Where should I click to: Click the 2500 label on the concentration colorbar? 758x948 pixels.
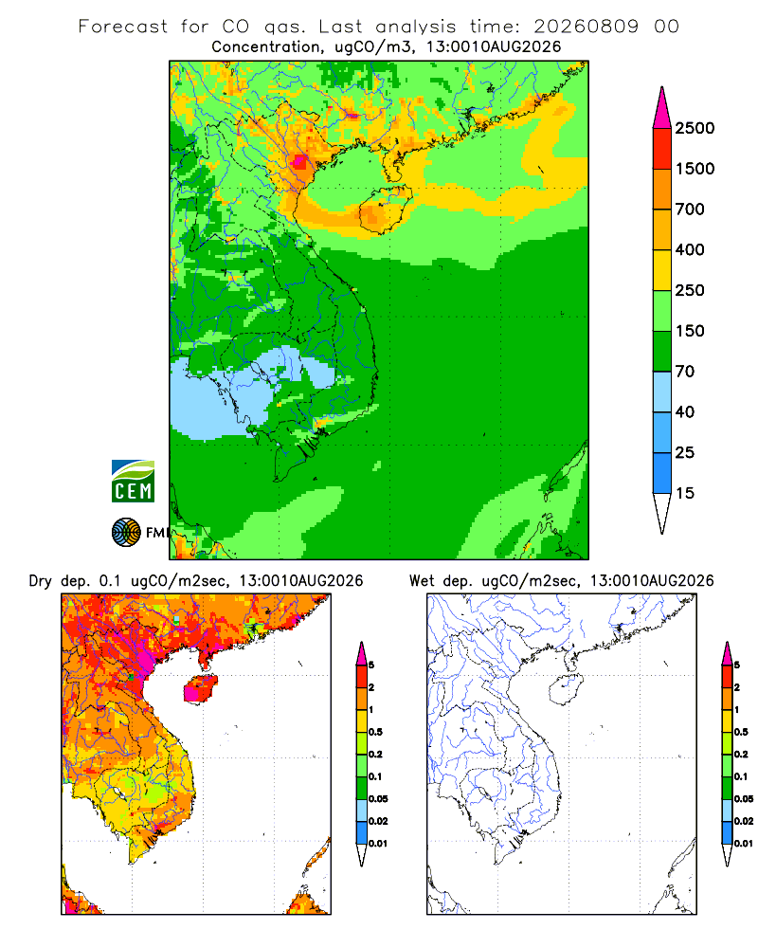tap(695, 128)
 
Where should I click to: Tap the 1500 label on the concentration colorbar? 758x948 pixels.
tap(695, 169)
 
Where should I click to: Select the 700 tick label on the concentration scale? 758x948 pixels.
tap(690, 210)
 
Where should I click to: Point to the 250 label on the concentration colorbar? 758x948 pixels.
tap(690, 290)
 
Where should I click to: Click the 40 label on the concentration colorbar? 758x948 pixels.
tap(685, 411)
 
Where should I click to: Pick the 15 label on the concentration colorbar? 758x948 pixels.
tap(685, 493)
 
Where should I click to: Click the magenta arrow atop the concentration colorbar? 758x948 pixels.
tap(662, 108)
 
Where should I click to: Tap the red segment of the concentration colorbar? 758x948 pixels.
tap(662, 149)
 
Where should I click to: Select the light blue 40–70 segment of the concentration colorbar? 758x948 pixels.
tap(662, 392)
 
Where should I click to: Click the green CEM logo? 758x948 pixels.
tap(133, 482)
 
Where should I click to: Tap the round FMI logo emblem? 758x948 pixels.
tap(126, 533)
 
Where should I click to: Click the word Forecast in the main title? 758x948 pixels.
tap(123, 27)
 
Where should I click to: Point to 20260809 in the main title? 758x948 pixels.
tap(586, 27)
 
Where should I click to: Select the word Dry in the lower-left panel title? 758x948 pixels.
tap(41, 581)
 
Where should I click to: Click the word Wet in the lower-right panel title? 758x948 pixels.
tap(422, 581)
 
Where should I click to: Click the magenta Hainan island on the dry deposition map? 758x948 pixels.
tap(200, 688)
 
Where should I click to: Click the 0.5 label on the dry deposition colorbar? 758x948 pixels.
tap(375, 732)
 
